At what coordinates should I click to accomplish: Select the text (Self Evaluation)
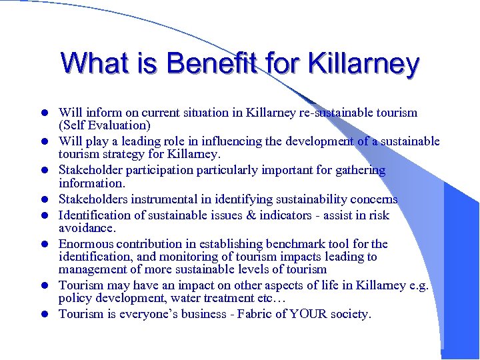[x=105, y=125]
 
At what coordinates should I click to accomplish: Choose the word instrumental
[x=163, y=199]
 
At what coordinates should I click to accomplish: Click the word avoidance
[x=85, y=227]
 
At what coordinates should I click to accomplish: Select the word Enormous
[x=87, y=244]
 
